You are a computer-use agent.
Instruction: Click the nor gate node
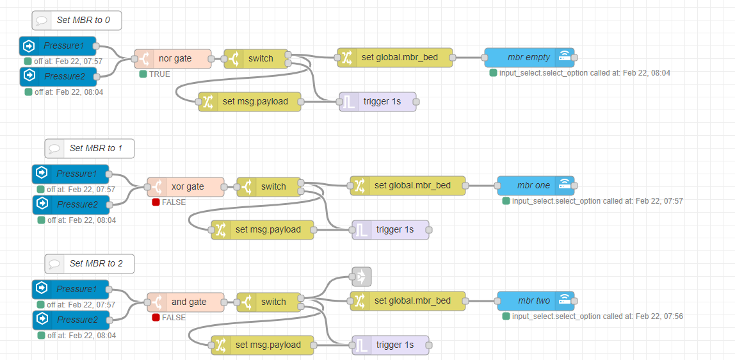coord(172,59)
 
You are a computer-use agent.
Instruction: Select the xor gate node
coord(186,187)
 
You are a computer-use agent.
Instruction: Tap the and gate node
coord(186,302)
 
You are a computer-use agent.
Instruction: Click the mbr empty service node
coord(529,58)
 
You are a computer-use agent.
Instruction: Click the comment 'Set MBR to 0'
coord(77,20)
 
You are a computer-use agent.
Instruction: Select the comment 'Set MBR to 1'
coord(90,149)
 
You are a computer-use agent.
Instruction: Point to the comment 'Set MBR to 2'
coord(90,264)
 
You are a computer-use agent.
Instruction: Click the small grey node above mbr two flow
coord(361,277)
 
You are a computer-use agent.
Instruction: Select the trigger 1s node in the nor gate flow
coord(377,102)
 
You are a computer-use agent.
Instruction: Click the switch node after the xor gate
coord(269,187)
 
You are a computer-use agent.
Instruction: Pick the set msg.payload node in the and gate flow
coord(262,345)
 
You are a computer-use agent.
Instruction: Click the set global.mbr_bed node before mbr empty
coord(394,58)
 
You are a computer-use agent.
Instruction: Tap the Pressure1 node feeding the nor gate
coord(58,46)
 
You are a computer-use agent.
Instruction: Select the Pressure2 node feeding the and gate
coord(70,320)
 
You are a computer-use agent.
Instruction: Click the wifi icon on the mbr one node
coord(564,186)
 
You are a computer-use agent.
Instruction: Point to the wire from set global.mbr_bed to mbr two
coord(481,301)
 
